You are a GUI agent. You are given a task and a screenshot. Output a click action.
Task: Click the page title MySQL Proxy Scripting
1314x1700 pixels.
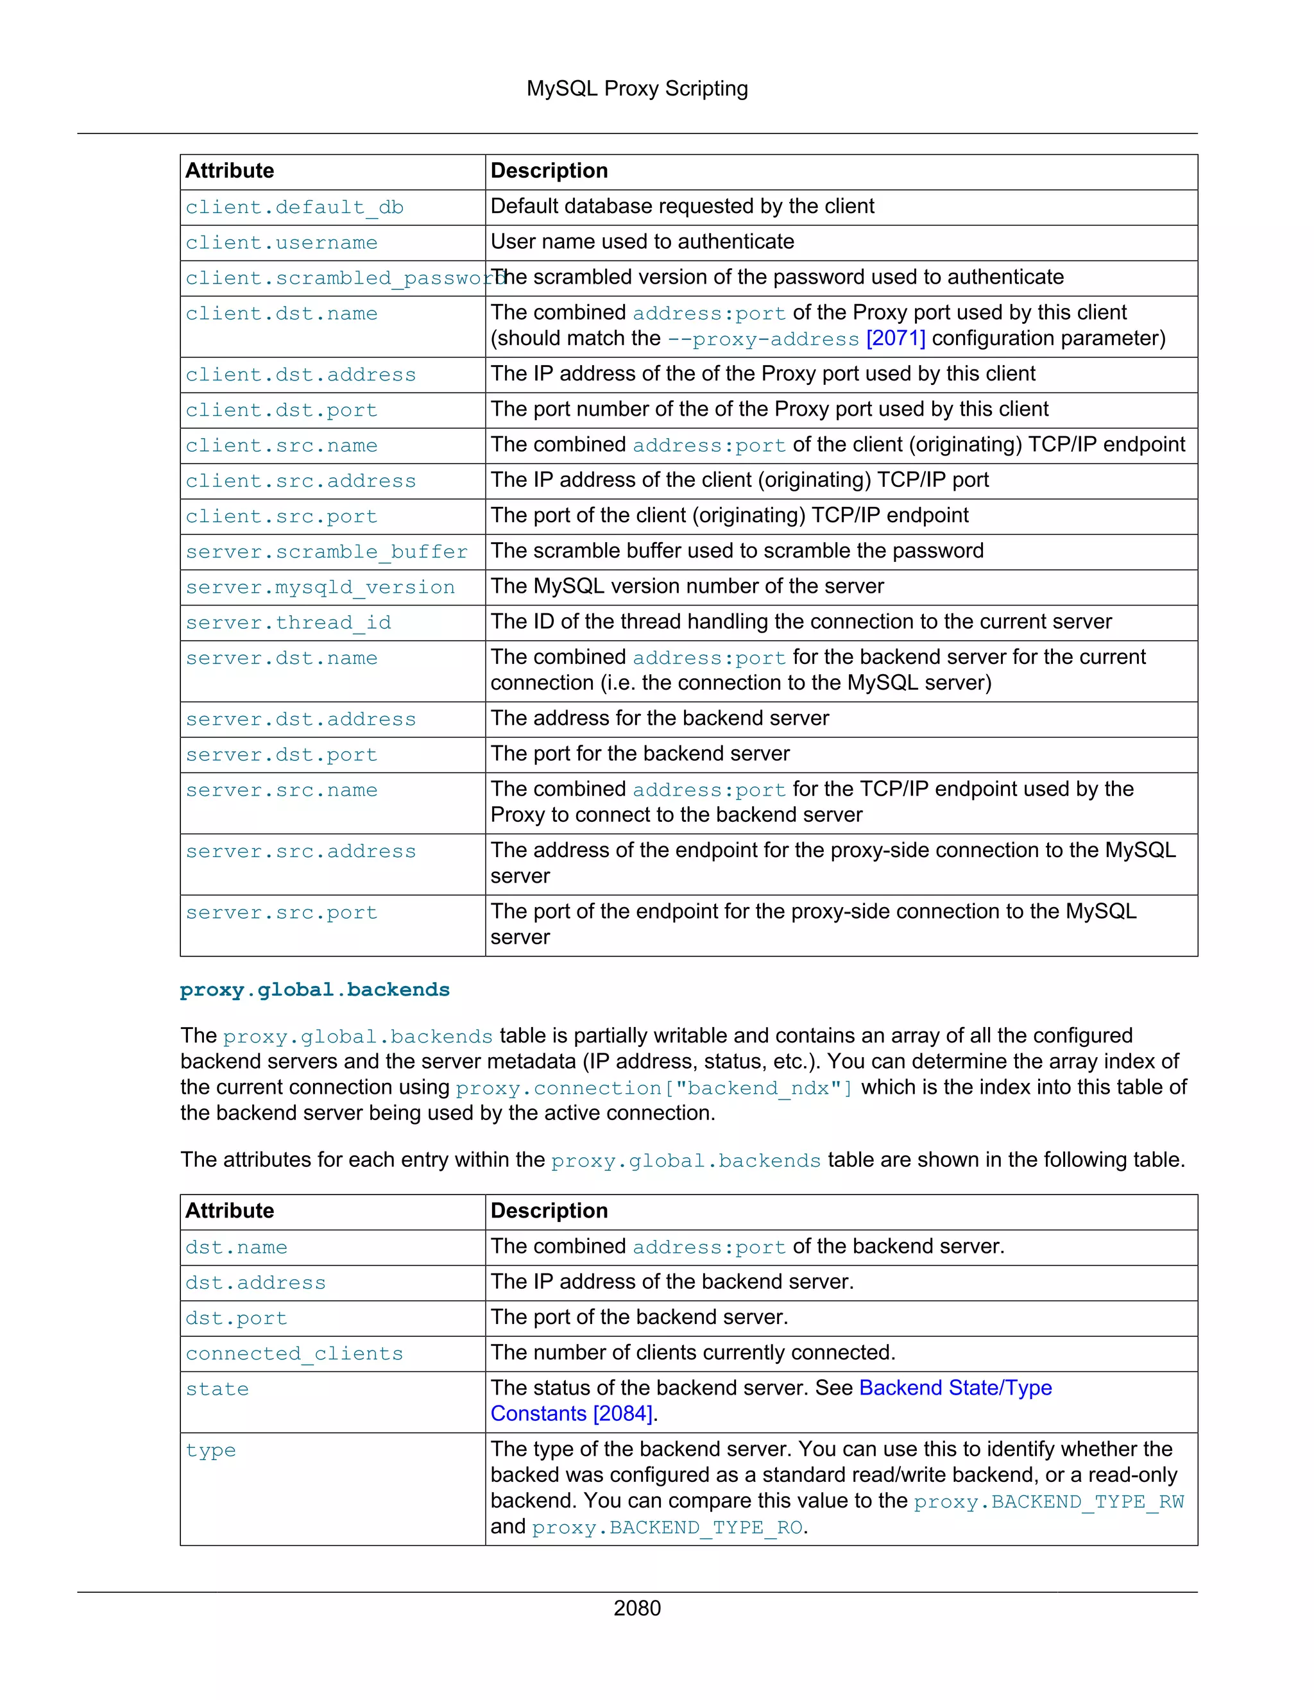(x=636, y=89)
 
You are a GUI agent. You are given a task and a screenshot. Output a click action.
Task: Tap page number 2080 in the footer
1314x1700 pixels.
(x=636, y=1608)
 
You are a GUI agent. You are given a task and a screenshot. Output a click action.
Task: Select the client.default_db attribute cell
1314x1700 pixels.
(x=294, y=207)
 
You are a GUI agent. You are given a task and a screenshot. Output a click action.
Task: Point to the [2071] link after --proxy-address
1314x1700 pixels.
(x=895, y=339)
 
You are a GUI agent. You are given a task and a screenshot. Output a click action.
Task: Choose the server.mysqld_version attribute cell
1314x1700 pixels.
(x=320, y=588)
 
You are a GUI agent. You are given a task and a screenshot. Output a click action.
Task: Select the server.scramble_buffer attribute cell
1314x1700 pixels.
(x=326, y=552)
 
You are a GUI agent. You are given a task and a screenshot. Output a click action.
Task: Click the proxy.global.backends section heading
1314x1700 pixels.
(x=314, y=990)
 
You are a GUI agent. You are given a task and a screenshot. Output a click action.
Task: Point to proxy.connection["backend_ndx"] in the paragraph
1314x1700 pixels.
(x=654, y=1087)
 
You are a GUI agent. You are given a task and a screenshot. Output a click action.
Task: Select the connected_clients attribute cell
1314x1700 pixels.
(x=294, y=1354)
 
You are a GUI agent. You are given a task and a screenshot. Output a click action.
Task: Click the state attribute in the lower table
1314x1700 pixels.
(x=218, y=1390)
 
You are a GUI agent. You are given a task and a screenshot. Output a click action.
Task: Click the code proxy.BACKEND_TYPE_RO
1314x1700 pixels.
(x=667, y=1527)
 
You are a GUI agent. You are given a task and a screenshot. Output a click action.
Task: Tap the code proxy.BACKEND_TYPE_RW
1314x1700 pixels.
(x=1048, y=1502)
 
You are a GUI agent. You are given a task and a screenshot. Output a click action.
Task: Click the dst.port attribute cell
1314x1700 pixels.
(x=236, y=1318)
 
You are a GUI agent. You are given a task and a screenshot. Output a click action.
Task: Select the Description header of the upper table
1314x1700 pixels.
(x=549, y=171)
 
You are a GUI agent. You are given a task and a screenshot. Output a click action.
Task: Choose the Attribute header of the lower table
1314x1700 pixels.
(x=230, y=1211)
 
